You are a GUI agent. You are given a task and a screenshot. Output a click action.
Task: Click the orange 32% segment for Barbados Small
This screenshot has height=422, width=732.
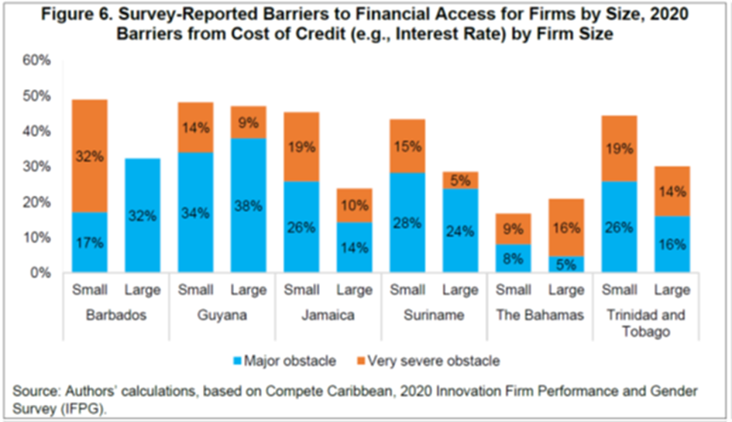point(90,156)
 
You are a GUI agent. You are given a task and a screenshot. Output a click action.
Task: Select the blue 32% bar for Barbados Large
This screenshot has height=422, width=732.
point(143,215)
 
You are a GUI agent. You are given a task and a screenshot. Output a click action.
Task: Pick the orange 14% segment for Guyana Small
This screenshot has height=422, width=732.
point(195,127)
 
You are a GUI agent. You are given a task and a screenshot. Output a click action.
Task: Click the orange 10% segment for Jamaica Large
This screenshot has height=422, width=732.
point(354,205)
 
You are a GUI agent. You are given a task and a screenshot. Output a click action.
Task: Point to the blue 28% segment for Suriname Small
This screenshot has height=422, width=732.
point(407,222)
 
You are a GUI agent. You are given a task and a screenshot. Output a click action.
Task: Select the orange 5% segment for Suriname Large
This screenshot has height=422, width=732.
point(459,180)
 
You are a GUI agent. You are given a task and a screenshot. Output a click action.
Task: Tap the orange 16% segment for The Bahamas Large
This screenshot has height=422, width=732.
point(565,227)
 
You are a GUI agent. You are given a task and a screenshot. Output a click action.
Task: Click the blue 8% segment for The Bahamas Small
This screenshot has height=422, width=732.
point(513,259)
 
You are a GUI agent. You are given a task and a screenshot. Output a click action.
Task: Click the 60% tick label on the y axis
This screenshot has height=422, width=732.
point(37,60)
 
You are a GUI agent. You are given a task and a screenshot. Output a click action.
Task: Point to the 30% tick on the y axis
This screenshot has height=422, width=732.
point(37,166)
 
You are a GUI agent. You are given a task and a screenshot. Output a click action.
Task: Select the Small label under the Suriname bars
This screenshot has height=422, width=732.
point(407,291)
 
